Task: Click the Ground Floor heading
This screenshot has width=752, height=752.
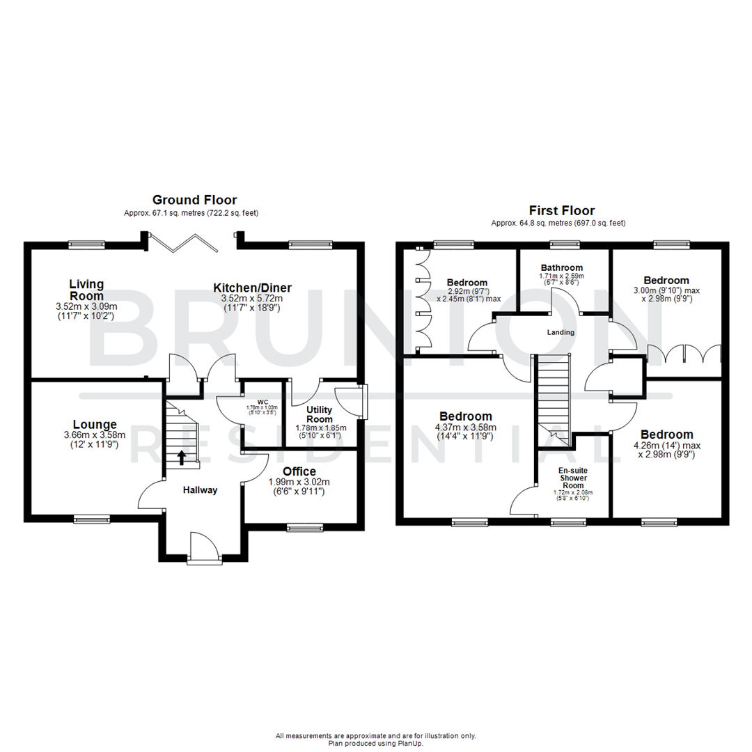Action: pyautogui.click(x=194, y=200)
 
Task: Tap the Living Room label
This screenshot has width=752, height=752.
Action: pyautogui.click(x=86, y=290)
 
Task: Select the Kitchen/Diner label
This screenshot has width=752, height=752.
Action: pyautogui.click(x=252, y=288)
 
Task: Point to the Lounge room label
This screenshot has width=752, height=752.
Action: pyautogui.click(x=95, y=424)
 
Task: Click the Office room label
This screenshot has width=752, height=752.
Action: pyautogui.click(x=299, y=471)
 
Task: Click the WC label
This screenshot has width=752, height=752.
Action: pyautogui.click(x=262, y=401)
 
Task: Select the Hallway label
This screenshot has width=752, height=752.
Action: pyautogui.click(x=200, y=490)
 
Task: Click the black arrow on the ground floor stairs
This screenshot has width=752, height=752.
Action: pyautogui.click(x=182, y=457)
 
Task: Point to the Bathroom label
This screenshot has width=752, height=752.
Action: pyautogui.click(x=562, y=267)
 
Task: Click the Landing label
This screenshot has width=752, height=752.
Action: pyautogui.click(x=561, y=332)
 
